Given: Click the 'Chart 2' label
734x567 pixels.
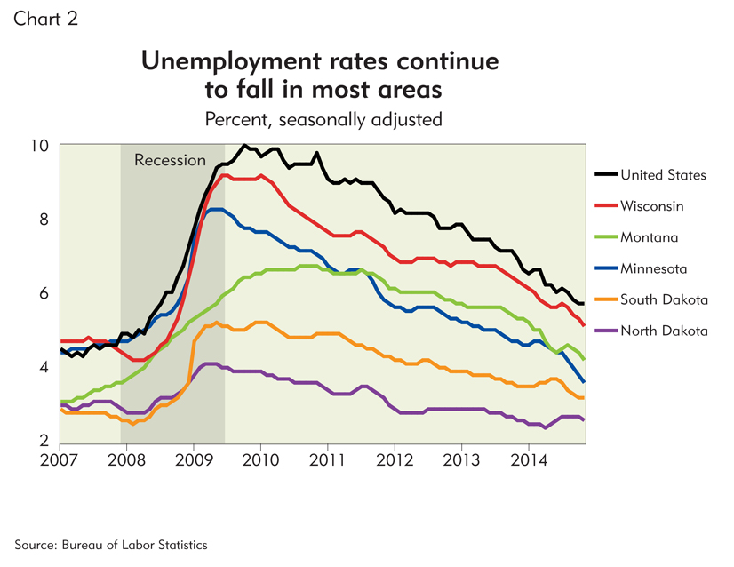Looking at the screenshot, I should click(x=45, y=20).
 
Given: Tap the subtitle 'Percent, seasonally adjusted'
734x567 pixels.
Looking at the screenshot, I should click(x=323, y=118).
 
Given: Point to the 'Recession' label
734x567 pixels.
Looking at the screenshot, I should click(x=170, y=160).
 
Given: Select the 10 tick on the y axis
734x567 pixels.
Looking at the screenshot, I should click(x=42, y=145).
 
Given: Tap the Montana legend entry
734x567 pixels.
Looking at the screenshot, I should click(x=650, y=236).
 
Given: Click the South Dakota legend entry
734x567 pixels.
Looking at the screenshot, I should click(x=663, y=299).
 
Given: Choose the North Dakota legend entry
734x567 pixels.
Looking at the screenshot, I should click(x=664, y=331).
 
